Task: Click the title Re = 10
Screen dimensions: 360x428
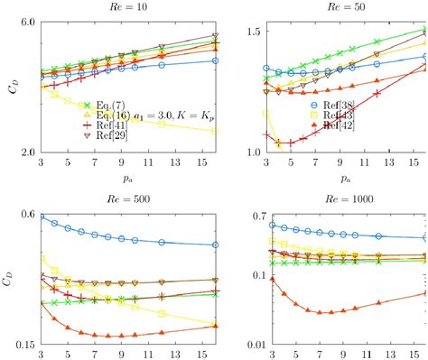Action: (130, 7)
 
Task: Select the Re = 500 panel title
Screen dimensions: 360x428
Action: (130, 201)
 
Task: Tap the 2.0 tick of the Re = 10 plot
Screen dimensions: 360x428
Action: (27, 152)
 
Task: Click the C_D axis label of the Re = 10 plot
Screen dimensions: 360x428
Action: (10, 88)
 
